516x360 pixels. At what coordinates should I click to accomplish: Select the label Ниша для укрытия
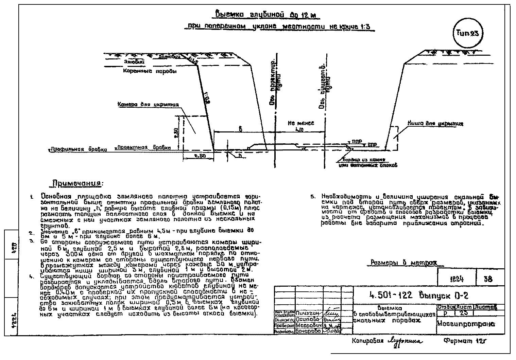435,124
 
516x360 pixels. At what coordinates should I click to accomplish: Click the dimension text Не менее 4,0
301,126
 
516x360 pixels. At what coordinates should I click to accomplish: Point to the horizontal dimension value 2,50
197,156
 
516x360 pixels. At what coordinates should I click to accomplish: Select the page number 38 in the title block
488,280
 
